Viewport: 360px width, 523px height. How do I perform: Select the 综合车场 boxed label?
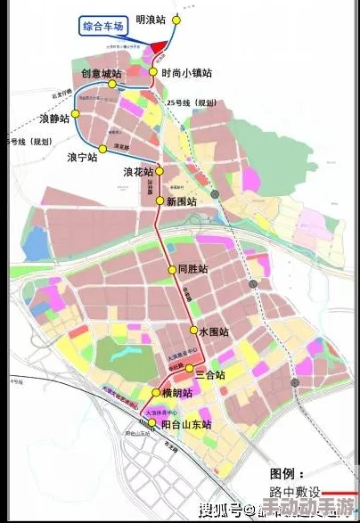[x=104, y=27]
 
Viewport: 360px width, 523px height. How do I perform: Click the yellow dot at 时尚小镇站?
[x=153, y=73]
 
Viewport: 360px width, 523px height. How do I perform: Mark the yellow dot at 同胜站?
[x=172, y=269]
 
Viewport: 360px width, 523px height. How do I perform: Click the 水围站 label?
[x=214, y=331]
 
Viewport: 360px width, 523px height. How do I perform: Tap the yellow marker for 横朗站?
[x=156, y=393]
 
